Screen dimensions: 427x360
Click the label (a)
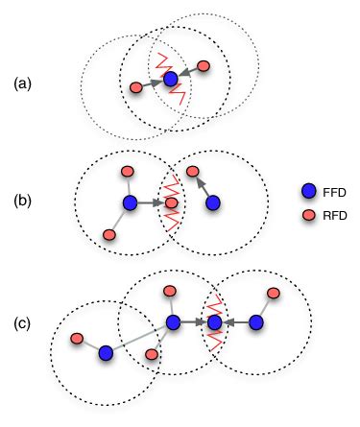coord(23,83)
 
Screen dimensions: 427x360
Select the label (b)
coord(23,203)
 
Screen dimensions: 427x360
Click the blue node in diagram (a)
coord(170,78)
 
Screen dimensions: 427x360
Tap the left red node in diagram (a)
coord(136,88)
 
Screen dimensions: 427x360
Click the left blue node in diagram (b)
coord(130,203)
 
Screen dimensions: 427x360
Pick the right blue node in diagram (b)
coord(213,203)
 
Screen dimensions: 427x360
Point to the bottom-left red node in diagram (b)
coord(108,234)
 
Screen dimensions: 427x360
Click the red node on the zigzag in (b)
coord(172,203)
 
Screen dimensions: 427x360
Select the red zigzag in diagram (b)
coord(170,203)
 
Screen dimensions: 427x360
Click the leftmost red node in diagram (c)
coord(77,338)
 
